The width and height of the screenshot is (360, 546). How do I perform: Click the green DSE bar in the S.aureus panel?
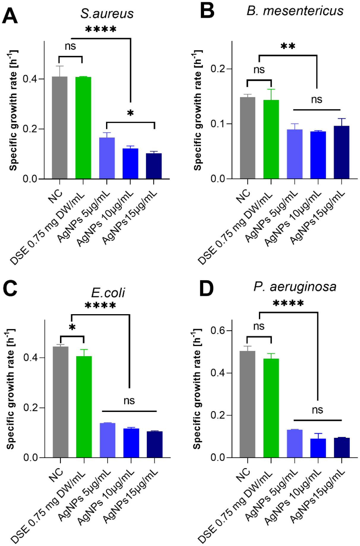pos(83,128)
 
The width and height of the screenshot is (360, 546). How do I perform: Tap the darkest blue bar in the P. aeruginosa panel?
pos(342,447)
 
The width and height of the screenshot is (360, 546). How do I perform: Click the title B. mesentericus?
pos(295,11)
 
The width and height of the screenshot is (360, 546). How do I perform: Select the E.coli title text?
pos(108,293)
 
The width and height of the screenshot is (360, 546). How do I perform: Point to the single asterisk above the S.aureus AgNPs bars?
pos(130,113)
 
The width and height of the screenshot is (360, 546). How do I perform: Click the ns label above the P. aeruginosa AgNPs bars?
pos(318,410)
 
